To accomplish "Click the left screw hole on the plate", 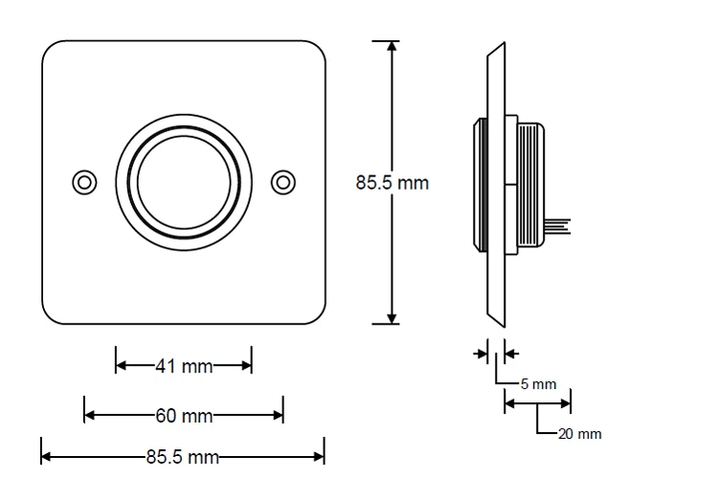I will click(x=84, y=182).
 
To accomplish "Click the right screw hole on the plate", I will click(x=282, y=182).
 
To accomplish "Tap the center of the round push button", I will click(x=183, y=182).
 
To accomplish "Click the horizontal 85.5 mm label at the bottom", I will click(x=183, y=456).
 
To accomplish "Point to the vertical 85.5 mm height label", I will click(x=393, y=182).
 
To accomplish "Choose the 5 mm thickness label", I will click(x=538, y=384).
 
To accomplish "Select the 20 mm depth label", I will click(x=580, y=434).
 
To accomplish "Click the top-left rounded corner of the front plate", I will click(x=52, y=50).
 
